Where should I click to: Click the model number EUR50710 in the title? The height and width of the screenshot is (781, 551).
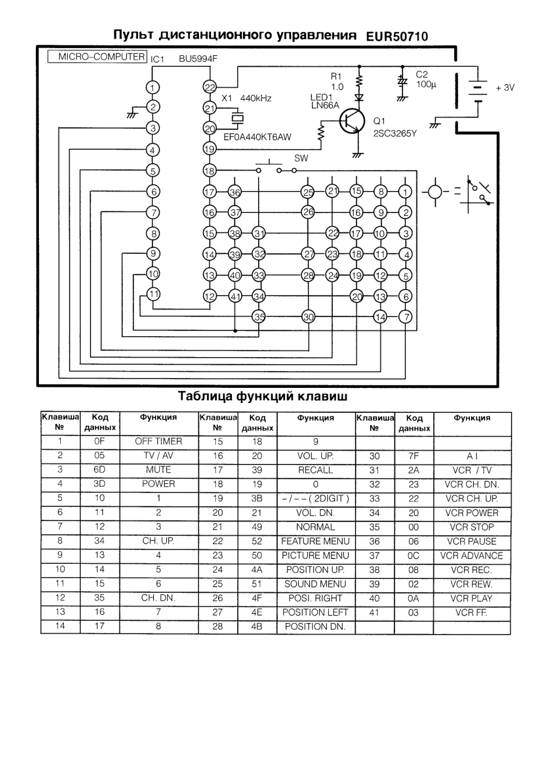point(397,36)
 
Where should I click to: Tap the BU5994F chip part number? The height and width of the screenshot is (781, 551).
point(198,59)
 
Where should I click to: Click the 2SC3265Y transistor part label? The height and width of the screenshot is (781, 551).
point(395,133)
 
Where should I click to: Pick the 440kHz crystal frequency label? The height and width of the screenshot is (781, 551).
point(255,98)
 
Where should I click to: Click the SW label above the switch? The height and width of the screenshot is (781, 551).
point(301,158)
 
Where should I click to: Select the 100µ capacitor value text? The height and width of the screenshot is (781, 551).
point(426,84)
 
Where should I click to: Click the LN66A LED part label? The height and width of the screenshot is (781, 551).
point(325,105)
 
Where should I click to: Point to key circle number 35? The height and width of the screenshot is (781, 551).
point(259,317)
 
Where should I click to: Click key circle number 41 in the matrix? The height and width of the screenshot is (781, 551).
point(235,297)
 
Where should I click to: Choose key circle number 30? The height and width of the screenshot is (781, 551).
point(308,317)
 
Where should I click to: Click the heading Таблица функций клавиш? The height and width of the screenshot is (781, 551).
point(263,397)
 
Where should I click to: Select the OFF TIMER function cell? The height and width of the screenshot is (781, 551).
point(158,441)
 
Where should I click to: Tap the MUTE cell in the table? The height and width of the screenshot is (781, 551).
point(158,470)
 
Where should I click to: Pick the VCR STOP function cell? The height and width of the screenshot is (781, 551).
point(472,527)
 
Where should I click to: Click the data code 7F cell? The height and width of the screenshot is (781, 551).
point(414,456)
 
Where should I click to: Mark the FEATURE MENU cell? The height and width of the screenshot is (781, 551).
point(316,541)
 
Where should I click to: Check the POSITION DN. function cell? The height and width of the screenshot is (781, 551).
point(315,627)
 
